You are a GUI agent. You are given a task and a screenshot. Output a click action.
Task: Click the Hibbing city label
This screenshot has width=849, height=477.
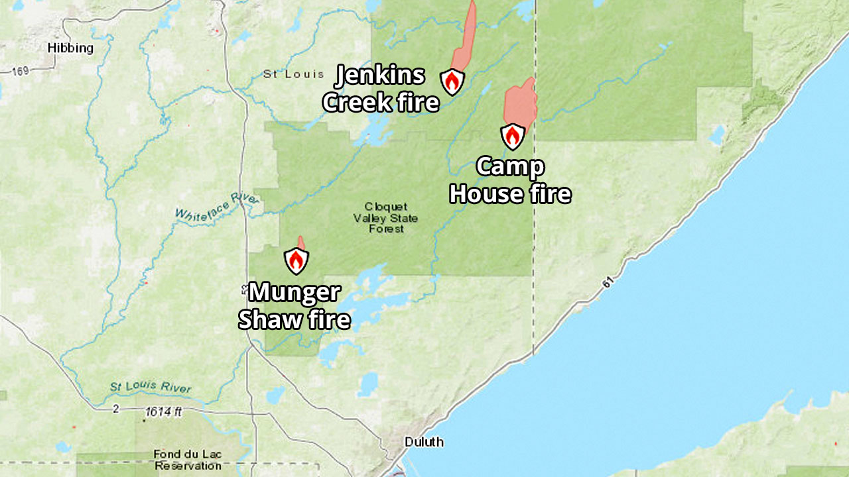[70, 48]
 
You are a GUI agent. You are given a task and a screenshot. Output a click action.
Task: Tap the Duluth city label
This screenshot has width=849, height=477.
[424, 442]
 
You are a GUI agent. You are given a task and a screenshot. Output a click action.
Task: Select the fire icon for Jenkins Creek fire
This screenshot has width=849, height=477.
[452, 81]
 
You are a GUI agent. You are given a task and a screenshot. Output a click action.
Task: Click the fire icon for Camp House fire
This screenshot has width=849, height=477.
[513, 136]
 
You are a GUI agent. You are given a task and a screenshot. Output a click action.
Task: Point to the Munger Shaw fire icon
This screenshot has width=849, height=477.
[296, 261]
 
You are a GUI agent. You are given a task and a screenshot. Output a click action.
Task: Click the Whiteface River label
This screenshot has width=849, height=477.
[208, 207]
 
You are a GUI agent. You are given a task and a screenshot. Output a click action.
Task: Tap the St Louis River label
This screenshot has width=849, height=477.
[151, 388]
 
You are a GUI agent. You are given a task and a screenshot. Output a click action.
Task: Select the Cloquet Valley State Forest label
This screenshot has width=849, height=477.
[385, 217]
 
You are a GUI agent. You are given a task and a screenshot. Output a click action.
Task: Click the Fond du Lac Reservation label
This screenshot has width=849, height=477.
[188, 460]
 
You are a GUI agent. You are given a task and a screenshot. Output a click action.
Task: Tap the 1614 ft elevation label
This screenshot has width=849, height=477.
[164, 411]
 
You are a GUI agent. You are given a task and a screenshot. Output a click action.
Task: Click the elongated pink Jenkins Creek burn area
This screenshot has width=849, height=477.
[464, 40]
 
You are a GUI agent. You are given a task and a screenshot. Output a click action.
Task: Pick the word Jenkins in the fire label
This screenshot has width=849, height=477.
[379, 76]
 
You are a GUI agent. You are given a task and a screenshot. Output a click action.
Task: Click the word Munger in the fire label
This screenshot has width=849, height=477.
[294, 292]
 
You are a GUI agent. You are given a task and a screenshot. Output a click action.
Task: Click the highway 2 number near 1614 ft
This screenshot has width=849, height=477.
[115, 409]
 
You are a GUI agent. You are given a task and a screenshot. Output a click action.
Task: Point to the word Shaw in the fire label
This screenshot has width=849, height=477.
[269, 320]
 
